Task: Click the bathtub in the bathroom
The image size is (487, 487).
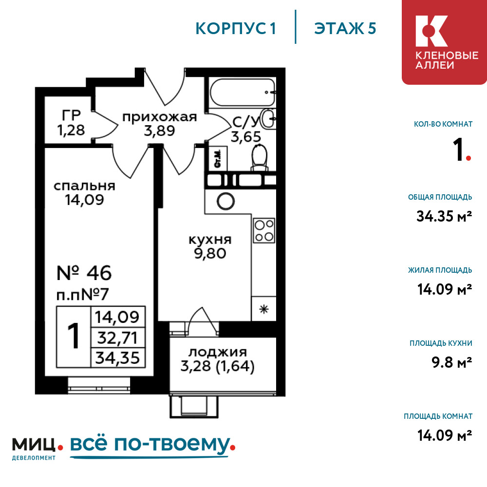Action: pos(242,92)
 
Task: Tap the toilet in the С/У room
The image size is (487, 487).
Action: pos(260,157)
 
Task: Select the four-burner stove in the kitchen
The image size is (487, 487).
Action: pos(264,230)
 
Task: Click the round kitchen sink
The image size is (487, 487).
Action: pos(226,201)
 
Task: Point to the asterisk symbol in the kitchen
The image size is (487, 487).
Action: pos(264,309)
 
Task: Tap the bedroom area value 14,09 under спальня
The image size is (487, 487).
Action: pos(84,200)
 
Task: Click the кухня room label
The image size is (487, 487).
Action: pos(210,240)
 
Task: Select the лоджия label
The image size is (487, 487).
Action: pos(218,352)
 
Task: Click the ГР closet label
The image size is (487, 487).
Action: pos(71,115)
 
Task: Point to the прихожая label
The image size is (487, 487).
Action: pos(160,117)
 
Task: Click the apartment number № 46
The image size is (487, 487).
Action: pos(84,273)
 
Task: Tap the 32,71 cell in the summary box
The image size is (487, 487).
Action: pos(117,337)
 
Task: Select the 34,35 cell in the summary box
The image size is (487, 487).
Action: pos(117,357)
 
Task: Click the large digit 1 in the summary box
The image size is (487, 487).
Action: pos(74,337)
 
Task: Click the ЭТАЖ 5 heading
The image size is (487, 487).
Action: pos(345,28)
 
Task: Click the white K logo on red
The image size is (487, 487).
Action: pos(431,31)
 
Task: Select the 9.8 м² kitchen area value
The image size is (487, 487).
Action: pos(451,362)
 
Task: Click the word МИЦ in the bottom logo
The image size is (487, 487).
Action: pos(34,445)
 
